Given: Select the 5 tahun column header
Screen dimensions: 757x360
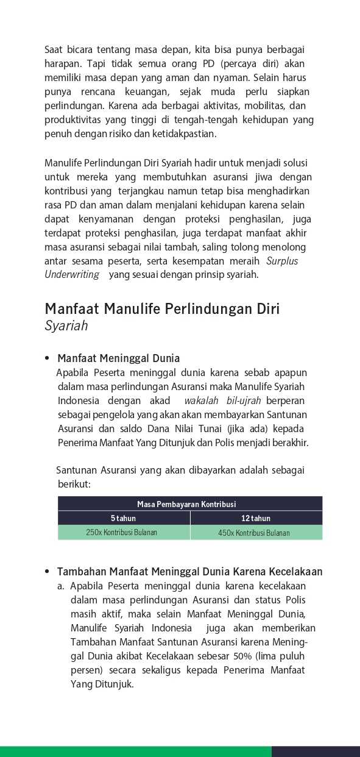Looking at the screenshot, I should pos(123,518).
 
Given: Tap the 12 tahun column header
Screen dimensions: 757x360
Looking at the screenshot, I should pos(256,518).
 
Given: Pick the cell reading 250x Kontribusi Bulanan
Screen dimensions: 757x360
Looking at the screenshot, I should pos(122,532).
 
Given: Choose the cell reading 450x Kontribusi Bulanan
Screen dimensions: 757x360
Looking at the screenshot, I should pos(254,533).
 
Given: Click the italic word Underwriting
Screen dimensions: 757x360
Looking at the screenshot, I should pos(72,274).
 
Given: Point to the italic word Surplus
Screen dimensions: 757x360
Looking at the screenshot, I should pos(283,261).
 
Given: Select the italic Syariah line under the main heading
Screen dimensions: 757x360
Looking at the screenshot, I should pos(66,325).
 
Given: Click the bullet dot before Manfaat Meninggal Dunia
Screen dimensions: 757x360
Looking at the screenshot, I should pos(47,358).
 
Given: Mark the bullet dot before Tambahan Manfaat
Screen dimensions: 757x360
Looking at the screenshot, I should pos(47,572).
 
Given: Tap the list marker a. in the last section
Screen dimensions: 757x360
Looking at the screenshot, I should pos(61,586).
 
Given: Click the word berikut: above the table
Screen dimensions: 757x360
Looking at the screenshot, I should pos(74,483).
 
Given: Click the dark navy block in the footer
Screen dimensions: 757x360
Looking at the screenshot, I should pos(316,752).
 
